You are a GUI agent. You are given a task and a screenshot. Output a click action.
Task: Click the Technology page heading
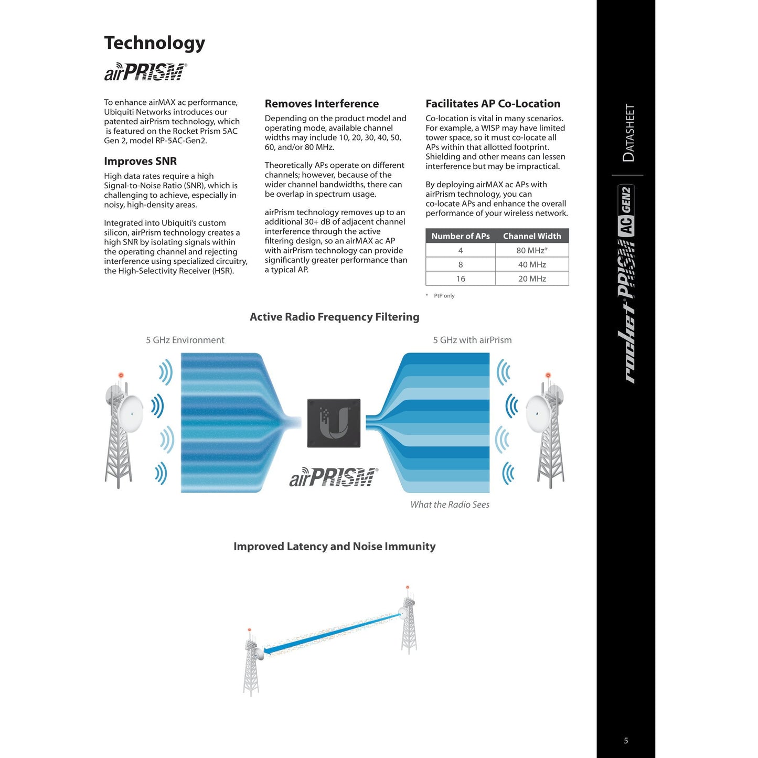(154, 43)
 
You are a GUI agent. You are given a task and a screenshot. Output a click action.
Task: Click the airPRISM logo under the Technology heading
(145, 72)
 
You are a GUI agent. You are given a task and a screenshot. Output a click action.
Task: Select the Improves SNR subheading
(140, 161)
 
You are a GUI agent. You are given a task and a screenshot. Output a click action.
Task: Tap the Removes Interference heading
(322, 104)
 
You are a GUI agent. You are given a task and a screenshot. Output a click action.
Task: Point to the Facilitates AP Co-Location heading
(493, 104)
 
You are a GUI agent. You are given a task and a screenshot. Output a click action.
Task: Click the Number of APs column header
(460, 236)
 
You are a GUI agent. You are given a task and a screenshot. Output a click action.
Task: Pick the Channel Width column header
(531, 236)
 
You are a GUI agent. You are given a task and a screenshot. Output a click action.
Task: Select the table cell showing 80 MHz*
(531, 250)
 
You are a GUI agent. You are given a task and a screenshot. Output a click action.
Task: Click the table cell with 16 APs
(460, 279)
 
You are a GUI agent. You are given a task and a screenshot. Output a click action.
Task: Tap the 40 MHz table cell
(531, 264)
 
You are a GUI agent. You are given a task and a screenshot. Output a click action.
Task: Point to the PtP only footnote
(443, 296)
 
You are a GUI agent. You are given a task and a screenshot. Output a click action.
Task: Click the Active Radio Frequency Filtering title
(334, 317)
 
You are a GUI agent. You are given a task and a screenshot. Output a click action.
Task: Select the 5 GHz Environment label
(185, 340)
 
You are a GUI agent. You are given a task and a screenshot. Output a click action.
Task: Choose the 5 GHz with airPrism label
(472, 340)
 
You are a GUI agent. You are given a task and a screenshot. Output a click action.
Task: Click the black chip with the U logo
(334, 423)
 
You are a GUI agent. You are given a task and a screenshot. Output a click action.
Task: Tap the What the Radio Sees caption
(450, 505)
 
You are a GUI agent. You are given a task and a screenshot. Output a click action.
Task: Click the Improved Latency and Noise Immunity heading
(334, 547)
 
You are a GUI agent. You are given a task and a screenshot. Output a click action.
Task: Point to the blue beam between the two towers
(333, 633)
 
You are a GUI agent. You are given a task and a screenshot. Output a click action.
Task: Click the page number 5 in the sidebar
(626, 741)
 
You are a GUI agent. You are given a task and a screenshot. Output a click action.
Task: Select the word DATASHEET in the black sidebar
(628, 133)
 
